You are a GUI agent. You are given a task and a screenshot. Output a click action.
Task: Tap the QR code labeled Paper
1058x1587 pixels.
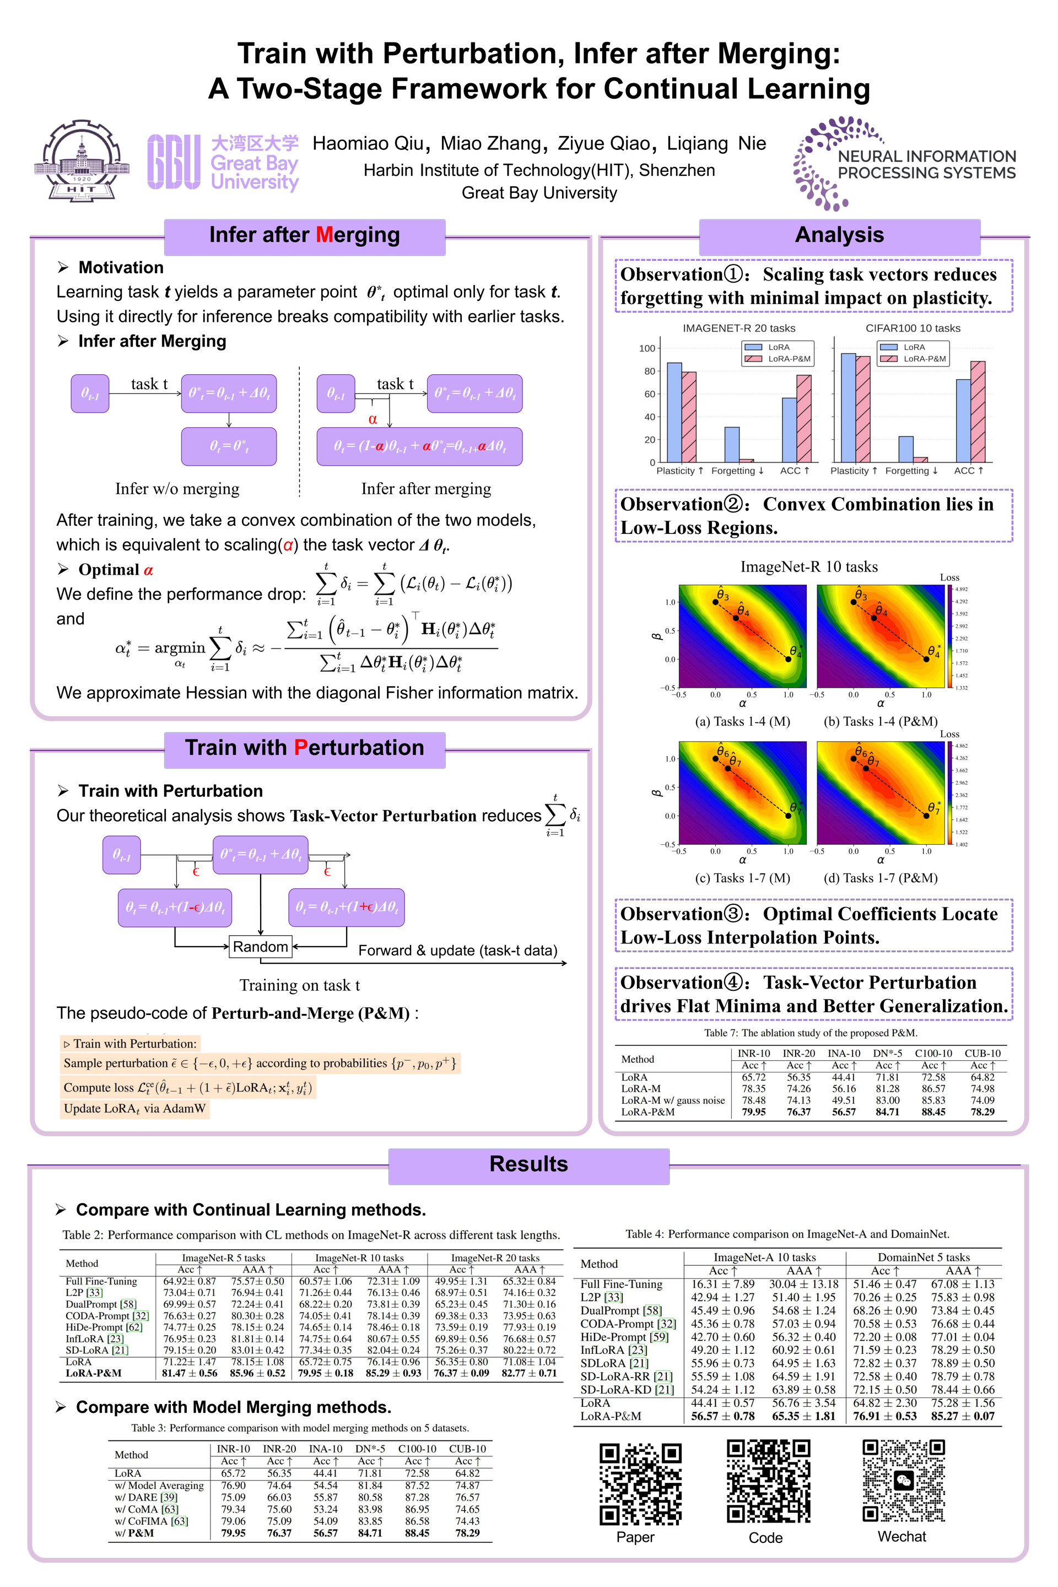pos(640,1484)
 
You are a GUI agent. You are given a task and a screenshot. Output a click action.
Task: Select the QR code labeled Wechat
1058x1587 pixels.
pos(904,1481)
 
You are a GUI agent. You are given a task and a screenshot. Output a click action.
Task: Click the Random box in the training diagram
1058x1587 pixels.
pos(261,947)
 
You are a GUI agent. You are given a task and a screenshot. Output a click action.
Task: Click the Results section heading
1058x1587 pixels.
pos(528,1164)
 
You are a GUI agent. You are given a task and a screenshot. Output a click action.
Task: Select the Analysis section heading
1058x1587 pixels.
pos(839,235)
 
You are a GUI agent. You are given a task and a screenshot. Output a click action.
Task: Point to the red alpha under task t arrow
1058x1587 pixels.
pos(373,419)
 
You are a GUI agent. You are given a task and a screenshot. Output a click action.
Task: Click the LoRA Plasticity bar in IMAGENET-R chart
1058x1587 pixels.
pos(674,412)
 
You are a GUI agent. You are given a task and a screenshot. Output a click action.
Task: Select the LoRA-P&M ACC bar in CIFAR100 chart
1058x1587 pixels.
pos(978,411)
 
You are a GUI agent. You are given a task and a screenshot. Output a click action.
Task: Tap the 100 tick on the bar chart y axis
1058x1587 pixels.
pos(646,348)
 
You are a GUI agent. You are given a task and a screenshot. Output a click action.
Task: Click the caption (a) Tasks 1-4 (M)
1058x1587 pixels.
pos(742,721)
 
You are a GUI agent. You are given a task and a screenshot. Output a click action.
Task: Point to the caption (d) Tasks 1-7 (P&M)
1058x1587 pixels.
pos(880,878)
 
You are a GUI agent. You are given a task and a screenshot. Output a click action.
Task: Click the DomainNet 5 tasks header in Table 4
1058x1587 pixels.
pos(923,1257)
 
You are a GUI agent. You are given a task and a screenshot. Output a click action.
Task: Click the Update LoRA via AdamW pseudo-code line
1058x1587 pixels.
pos(134,1109)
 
